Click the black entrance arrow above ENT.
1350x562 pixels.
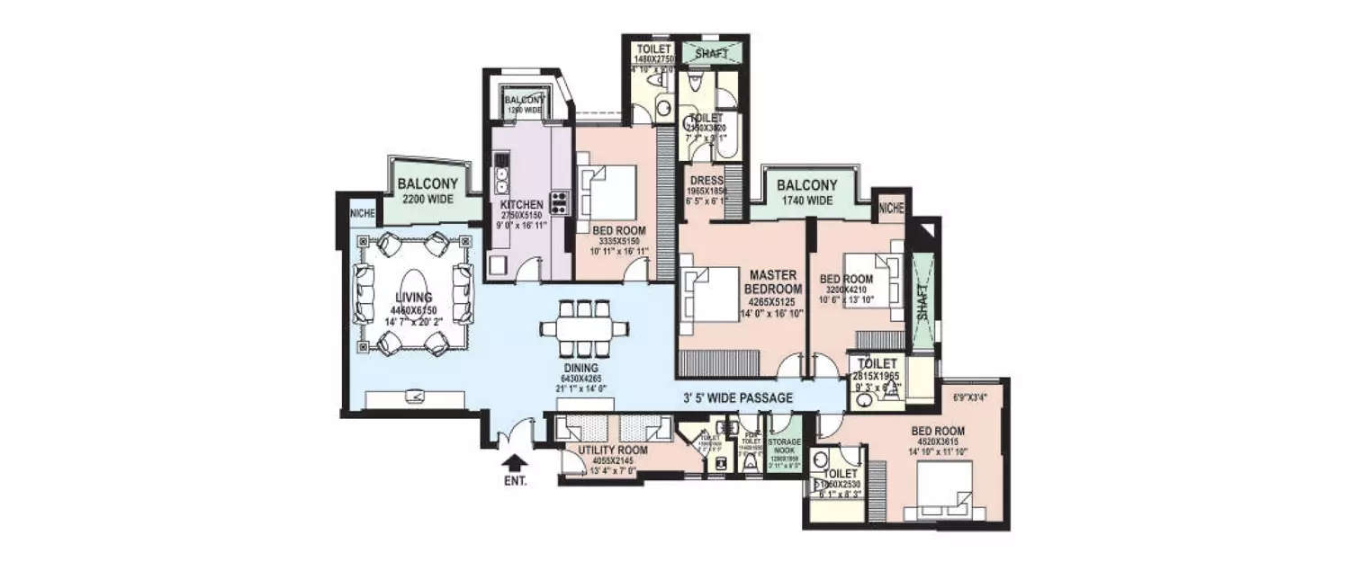[x=515, y=462]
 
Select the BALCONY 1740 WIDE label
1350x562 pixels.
[x=806, y=192]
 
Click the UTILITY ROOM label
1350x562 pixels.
[x=595, y=452]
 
